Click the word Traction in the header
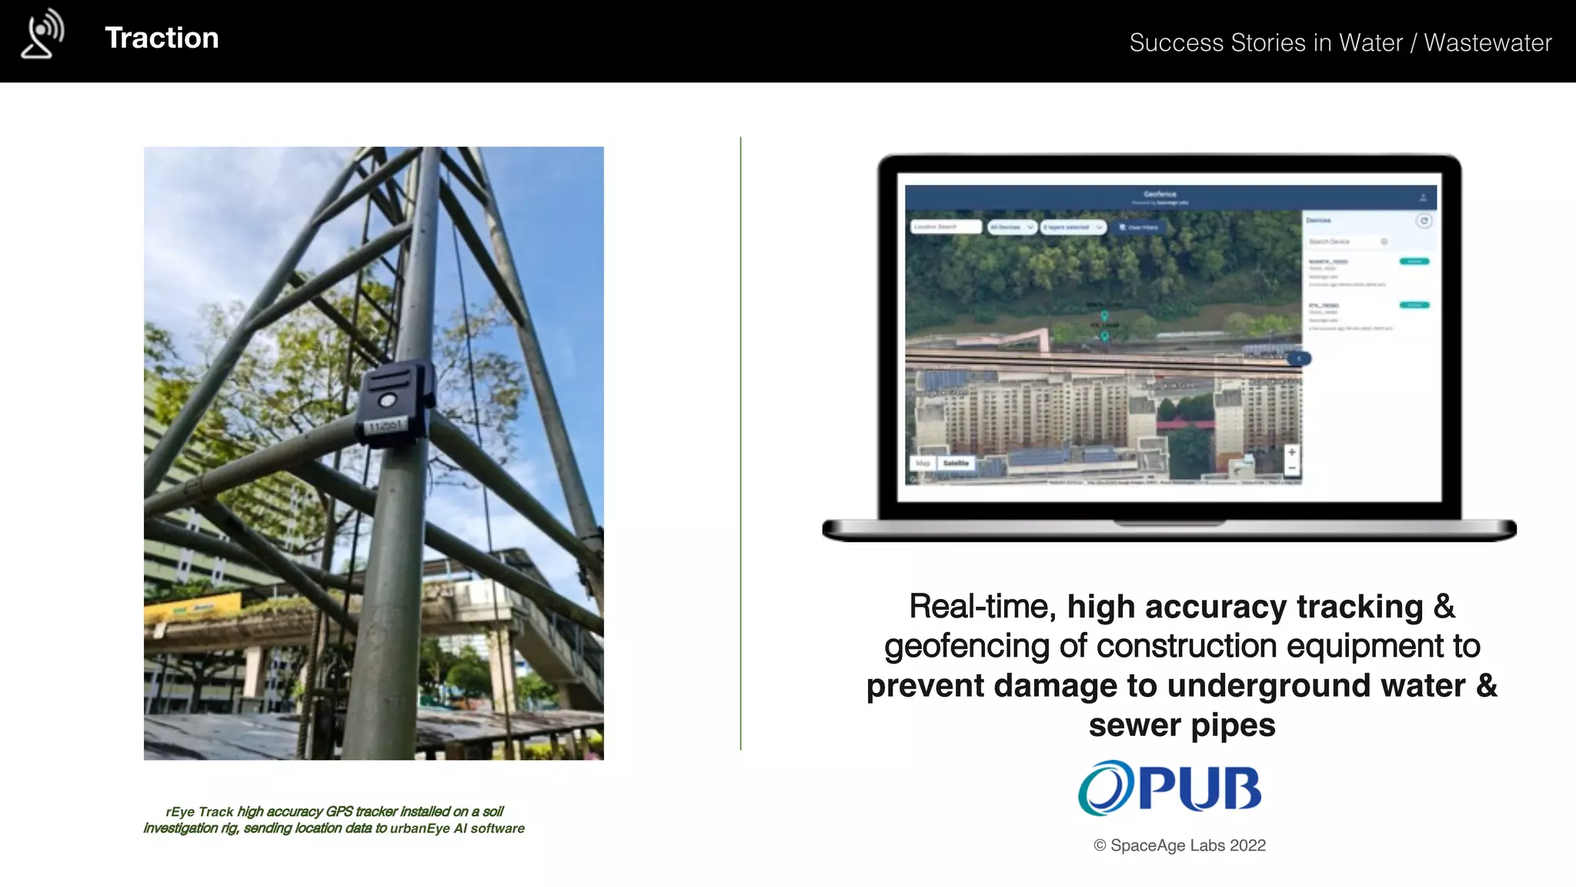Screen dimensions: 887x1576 point(162,38)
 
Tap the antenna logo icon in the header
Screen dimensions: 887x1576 point(43,34)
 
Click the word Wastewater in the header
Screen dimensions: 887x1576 point(1487,42)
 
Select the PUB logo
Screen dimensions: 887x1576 point(1170,788)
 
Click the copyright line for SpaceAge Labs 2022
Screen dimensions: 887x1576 point(1179,845)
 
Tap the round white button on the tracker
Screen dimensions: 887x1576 point(387,400)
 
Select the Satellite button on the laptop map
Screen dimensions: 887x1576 point(956,464)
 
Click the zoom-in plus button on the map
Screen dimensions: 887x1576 point(1292,452)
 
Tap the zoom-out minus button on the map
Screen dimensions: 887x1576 point(1292,468)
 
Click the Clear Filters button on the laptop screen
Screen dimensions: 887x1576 point(1139,227)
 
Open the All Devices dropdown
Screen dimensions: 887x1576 point(1011,227)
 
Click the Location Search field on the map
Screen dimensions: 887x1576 point(946,227)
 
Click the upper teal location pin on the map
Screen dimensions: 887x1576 point(1104,316)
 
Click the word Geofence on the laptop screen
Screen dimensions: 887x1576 point(1160,194)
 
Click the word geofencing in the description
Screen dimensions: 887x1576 point(967,646)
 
